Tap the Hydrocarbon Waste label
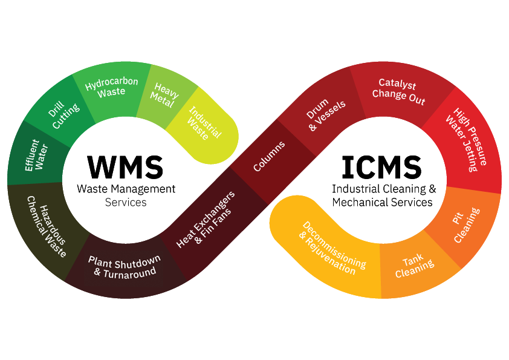112,87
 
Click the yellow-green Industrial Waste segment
204,124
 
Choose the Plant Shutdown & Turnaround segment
125,266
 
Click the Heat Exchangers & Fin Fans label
205,219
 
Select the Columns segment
269,156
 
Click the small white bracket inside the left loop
125,204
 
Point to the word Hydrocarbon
112,82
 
